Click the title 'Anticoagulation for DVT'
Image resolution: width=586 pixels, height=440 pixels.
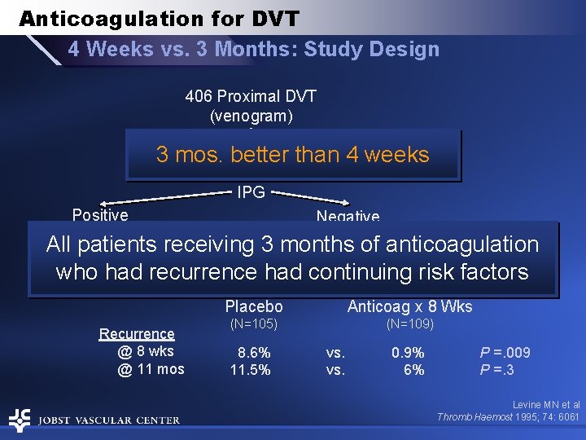point(159,19)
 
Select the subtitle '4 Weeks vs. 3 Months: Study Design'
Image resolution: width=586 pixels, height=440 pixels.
point(253,49)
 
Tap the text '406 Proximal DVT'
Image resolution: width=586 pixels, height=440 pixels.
point(251,96)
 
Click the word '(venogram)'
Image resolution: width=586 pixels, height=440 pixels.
point(251,116)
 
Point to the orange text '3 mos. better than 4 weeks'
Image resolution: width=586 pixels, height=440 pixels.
point(292,155)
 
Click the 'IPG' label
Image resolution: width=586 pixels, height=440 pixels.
point(251,192)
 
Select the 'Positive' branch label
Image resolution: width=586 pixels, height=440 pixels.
point(100,215)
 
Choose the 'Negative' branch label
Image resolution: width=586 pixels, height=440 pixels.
point(348,216)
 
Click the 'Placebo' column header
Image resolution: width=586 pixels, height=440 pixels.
point(254,307)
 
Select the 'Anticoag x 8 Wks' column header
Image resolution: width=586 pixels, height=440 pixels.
point(409,307)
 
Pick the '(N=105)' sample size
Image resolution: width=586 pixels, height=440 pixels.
point(254,324)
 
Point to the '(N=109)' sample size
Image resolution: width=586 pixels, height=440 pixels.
point(409,324)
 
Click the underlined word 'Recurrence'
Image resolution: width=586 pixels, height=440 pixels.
point(137,333)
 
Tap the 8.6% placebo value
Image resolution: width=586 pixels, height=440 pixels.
point(254,353)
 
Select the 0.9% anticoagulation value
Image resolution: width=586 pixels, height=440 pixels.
point(408,353)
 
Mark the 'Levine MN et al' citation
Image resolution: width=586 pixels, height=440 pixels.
point(545,404)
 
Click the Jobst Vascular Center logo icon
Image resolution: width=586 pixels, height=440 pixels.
point(20,420)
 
